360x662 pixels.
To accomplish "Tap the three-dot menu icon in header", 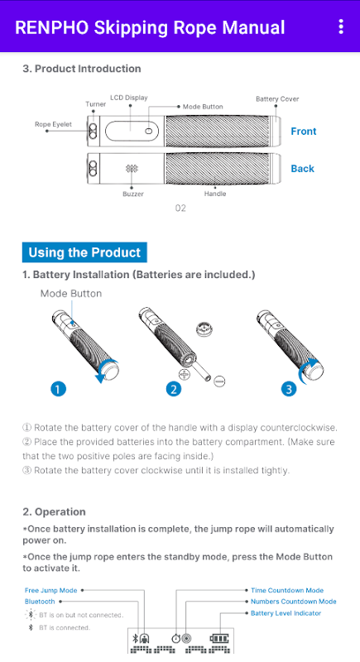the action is click(x=341, y=26).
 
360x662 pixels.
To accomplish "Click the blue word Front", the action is click(x=304, y=132).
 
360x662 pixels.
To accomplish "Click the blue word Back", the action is click(x=303, y=169).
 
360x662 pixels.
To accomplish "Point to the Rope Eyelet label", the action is click(x=53, y=124).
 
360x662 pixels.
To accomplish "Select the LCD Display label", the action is click(x=129, y=98).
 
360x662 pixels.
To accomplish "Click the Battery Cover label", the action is click(x=277, y=98).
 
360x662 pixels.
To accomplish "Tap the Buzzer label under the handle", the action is click(x=133, y=194).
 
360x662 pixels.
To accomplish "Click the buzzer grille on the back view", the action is click(x=132, y=169).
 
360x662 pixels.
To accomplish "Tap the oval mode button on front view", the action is click(x=149, y=131).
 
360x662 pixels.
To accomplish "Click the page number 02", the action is click(x=180, y=209).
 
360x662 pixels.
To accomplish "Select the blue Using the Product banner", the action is click(x=84, y=252).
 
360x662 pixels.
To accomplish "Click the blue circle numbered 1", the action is click(x=58, y=388).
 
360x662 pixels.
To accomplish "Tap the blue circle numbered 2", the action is click(x=174, y=389).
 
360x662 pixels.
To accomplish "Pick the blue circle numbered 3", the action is click(x=289, y=389).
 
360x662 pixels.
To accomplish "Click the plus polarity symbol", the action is click(x=185, y=374).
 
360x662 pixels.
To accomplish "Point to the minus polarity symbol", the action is click(x=219, y=381).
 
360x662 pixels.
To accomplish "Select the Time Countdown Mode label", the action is click(x=287, y=590).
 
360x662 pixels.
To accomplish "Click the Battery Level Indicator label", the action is click(x=286, y=613).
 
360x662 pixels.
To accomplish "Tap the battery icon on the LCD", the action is click(x=219, y=638).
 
